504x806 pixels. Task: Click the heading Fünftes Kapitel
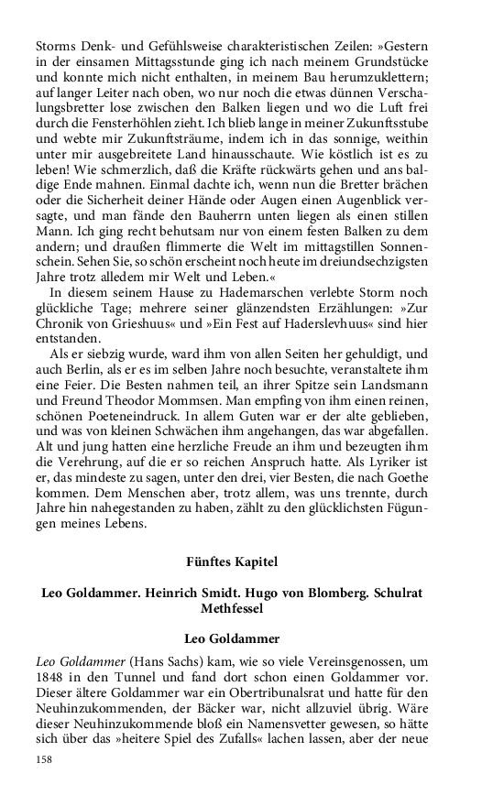tap(232, 561)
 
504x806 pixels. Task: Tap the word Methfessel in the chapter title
tap(232, 607)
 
